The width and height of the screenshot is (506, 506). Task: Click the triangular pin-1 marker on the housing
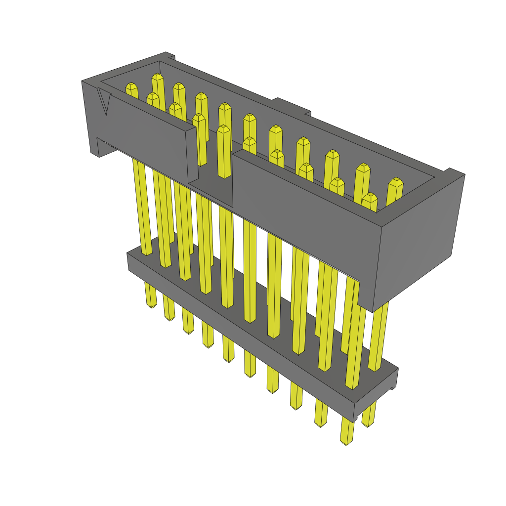pyautogui.click(x=104, y=101)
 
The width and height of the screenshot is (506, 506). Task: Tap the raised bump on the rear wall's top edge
pyautogui.click(x=292, y=106)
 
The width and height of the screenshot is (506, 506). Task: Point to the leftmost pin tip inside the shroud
pyautogui.click(x=131, y=89)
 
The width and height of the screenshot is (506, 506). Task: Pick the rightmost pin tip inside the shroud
pyautogui.click(x=395, y=185)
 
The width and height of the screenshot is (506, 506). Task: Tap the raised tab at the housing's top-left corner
pyautogui.click(x=168, y=55)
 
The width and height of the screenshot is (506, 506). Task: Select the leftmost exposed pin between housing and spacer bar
pyautogui.click(x=141, y=208)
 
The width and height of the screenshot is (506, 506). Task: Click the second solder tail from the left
pyautogui.click(x=169, y=308)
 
